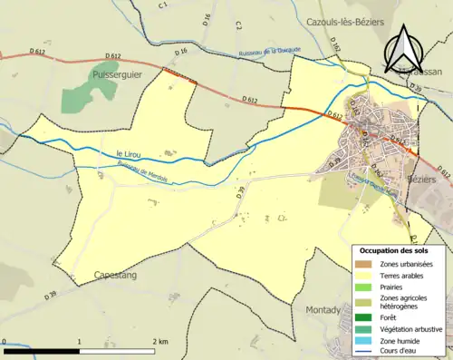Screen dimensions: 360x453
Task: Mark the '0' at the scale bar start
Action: [5, 342]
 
